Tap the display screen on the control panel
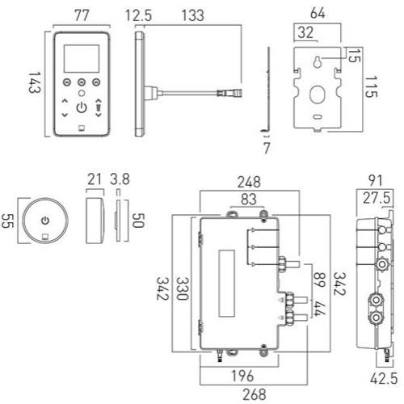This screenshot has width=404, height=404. (x=82, y=57)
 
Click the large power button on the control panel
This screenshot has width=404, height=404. (x=82, y=106)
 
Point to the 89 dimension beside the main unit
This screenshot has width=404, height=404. (x=318, y=278)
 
